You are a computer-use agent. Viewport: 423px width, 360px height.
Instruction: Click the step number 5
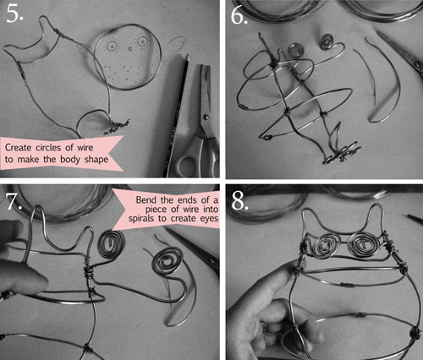14,14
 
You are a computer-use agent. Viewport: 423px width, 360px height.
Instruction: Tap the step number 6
239,14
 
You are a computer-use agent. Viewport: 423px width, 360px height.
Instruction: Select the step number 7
14,200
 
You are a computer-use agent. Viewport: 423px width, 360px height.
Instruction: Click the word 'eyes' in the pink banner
210,219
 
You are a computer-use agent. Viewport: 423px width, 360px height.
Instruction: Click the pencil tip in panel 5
187,56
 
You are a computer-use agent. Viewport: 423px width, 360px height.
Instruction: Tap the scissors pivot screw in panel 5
206,117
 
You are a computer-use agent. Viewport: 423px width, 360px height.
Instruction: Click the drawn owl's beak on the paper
129,49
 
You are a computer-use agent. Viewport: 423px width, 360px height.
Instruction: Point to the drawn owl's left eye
112,45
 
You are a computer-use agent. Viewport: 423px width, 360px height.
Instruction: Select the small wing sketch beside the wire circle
178,43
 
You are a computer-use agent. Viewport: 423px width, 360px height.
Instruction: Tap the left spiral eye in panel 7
111,244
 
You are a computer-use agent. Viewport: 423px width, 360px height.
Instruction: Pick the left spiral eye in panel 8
327,244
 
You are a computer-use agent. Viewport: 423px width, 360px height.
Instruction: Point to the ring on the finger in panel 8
265,326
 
